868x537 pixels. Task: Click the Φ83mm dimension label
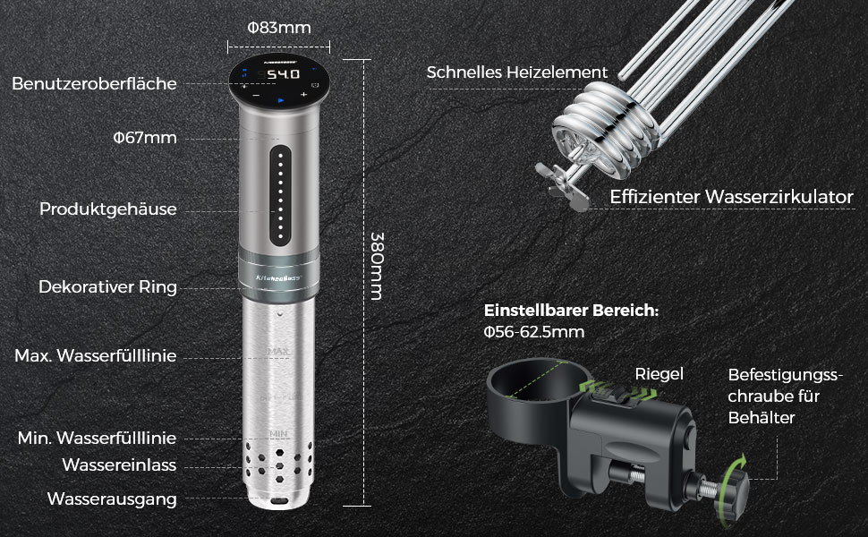(279, 28)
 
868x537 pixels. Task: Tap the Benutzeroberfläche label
(94, 83)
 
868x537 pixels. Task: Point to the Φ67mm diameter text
(144, 137)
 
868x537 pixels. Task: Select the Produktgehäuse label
(107, 209)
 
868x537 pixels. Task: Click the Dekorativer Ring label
(107, 287)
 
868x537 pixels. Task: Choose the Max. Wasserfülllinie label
(95, 356)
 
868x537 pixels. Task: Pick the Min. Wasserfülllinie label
(97, 438)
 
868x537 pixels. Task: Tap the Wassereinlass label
(119, 465)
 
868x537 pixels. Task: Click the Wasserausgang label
(112, 499)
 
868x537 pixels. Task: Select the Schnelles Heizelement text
(516, 72)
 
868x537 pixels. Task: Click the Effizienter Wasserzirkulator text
(731, 197)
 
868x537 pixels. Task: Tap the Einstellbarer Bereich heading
(571, 311)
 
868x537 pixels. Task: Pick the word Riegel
(659, 374)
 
